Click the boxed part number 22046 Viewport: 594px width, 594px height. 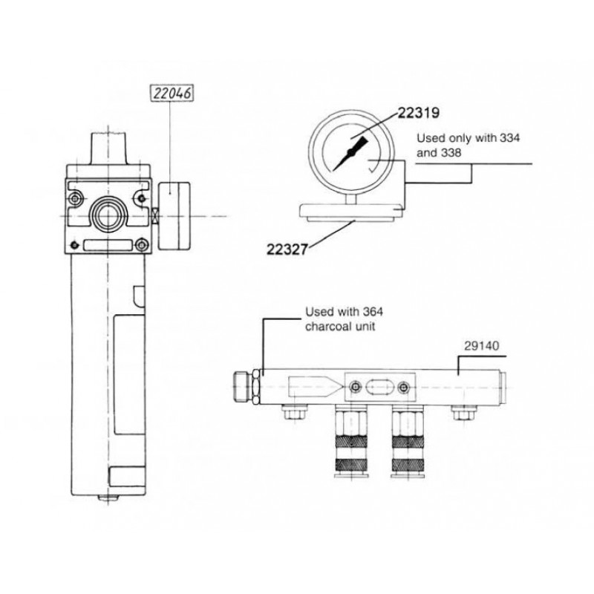(172, 94)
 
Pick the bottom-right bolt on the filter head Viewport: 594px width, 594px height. (143, 243)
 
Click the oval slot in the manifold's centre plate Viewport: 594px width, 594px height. (379, 386)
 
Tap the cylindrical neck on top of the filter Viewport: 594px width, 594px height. (109, 146)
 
